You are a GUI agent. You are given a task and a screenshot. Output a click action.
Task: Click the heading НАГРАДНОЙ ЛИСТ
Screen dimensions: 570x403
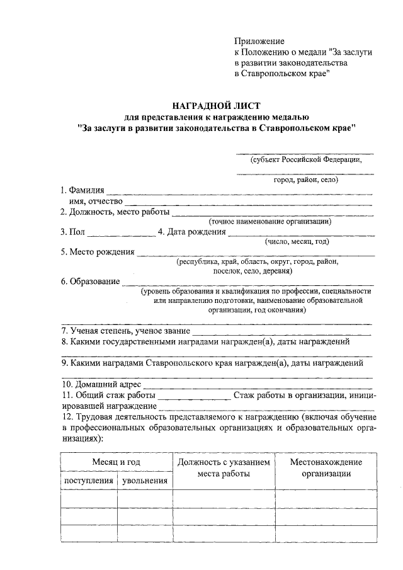point(216,105)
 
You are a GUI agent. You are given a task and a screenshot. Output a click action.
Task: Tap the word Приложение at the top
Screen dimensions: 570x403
point(259,41)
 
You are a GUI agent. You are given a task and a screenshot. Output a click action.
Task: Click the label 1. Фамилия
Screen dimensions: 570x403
point(82,190)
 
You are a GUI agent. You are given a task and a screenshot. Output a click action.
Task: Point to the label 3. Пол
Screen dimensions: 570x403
point(72,232)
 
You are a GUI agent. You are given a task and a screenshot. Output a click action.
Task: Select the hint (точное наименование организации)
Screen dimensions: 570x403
point(270,221)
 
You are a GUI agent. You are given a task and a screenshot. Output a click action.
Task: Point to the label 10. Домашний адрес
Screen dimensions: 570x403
point(101,384)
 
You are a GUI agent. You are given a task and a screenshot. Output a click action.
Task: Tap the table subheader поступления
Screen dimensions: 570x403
point(89,481)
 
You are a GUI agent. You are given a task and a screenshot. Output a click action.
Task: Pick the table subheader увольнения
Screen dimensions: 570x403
point(145,481)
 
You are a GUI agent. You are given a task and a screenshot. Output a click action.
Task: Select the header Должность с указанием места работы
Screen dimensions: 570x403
point(224,468)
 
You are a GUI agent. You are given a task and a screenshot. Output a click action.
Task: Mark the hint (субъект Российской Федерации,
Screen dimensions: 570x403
point(305,160)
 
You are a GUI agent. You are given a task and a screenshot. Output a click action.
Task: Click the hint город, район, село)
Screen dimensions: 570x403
point(306,180)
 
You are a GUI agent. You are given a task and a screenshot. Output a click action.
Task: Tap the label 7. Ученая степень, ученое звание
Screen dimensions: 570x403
point(125,330)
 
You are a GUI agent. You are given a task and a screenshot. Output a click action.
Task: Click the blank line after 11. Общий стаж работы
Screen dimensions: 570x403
point(194,396)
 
